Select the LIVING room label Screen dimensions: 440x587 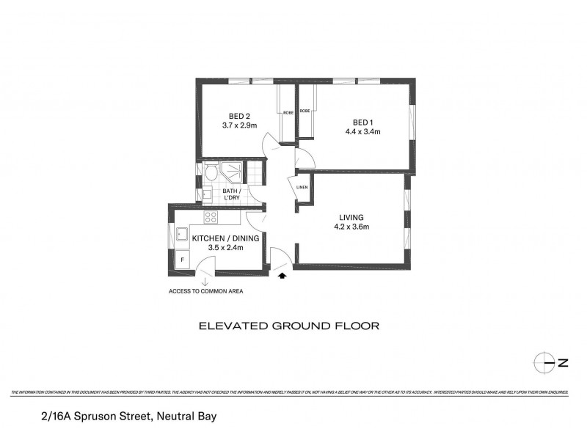(351, 217)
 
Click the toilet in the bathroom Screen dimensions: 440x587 (211, 174)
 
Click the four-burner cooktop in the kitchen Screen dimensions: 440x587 (211, 217)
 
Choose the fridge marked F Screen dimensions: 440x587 (180, 260)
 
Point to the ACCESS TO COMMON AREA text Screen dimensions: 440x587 (205, 291)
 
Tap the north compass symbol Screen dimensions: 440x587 (543, 362)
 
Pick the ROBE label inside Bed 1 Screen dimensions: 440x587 (304, 109)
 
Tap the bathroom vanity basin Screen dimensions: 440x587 (207, 194)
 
